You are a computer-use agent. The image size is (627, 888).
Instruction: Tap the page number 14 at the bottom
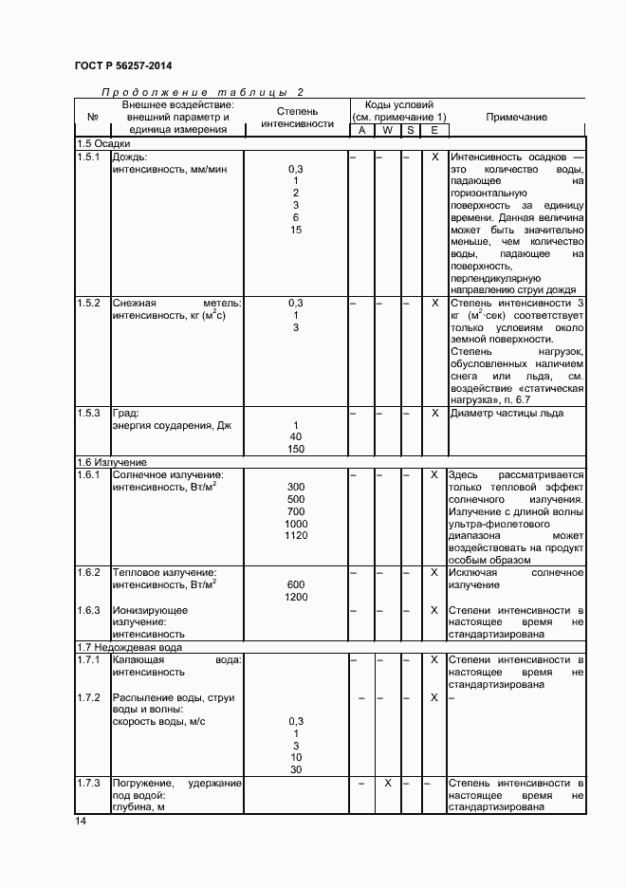click(81, 821)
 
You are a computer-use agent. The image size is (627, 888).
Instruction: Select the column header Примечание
click(516, 117)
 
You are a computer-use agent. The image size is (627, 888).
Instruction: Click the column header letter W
click(387, 130)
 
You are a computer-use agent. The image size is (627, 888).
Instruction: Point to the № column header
click(92, 117)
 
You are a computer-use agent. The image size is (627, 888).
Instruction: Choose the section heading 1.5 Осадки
click(103, 143)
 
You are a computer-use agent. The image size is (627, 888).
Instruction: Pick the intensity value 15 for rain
click(296, 230)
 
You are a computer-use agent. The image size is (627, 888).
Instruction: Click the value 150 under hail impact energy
click(296, 450)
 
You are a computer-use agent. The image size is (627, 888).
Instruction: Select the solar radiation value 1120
click(296, 536)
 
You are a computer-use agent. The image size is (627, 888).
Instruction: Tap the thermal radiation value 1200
click(296, 598)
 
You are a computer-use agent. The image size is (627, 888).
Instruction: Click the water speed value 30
click(296, 770)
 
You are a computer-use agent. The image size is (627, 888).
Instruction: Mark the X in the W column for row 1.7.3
click(387, 783)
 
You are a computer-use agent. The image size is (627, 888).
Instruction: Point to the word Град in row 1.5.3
click(126, 413)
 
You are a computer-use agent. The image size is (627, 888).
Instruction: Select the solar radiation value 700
click(296, 511)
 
